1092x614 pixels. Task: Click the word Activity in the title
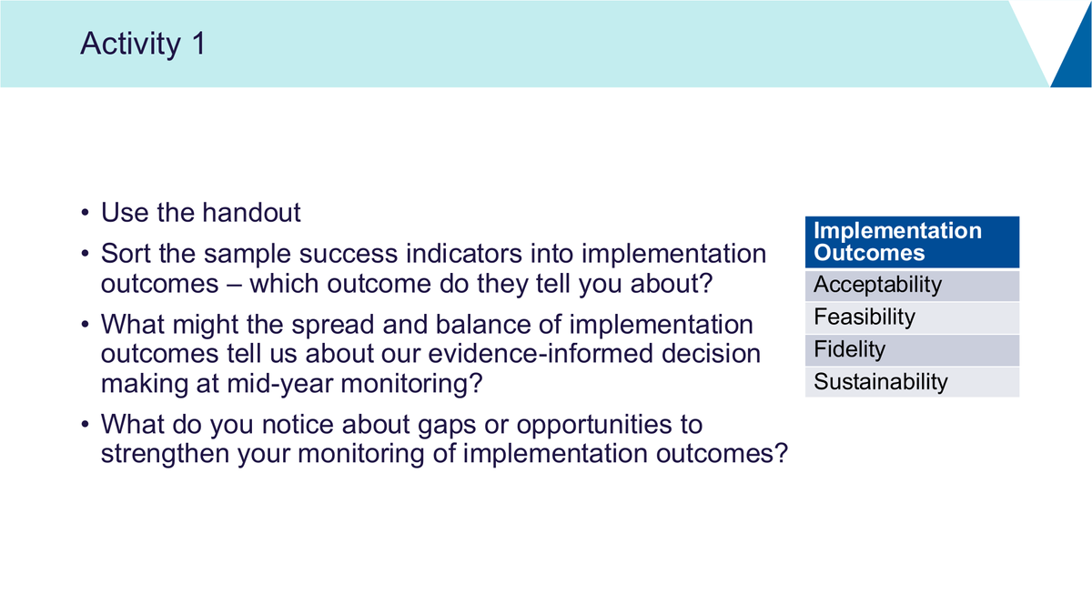[131, 45]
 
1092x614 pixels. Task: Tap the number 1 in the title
[199, 43]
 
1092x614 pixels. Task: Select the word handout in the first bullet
[251, 213]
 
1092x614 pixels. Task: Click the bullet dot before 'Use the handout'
[86, 213]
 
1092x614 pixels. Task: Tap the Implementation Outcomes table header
[912, 242]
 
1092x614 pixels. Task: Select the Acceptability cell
[912, 286]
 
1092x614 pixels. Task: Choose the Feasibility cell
[912, 317]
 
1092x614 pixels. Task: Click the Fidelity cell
[912, 350]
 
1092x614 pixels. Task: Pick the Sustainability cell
[912, 382]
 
